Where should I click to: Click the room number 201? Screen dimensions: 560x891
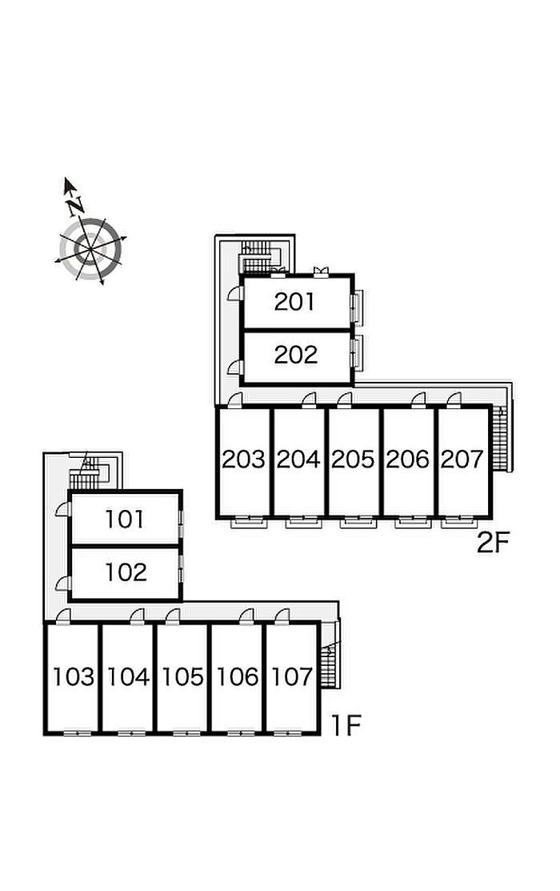(x=294, y=302)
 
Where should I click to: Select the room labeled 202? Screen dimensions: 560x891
(x=295, y=355)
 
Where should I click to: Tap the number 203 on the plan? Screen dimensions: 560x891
(x=243, y=460)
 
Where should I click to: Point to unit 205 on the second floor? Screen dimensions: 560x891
(x=353, y=460)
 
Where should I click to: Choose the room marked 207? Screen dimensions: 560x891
(x=462, y=460)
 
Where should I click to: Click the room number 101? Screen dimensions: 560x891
(x=125, y=519)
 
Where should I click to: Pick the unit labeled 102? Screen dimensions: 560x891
(x=126, y=572)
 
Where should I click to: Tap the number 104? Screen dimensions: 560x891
(x=128, y=676)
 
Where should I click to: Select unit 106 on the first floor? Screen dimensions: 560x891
(x=238, y=676)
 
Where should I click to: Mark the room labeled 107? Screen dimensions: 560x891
(x=292, y=676)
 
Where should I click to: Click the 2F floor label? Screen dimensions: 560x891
(x=493, y=544)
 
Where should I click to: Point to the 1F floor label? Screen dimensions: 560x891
(x=346, y=725)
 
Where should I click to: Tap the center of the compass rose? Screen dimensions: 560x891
(x=90, y=249)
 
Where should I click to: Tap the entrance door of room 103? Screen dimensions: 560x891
(x=62, y=616)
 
